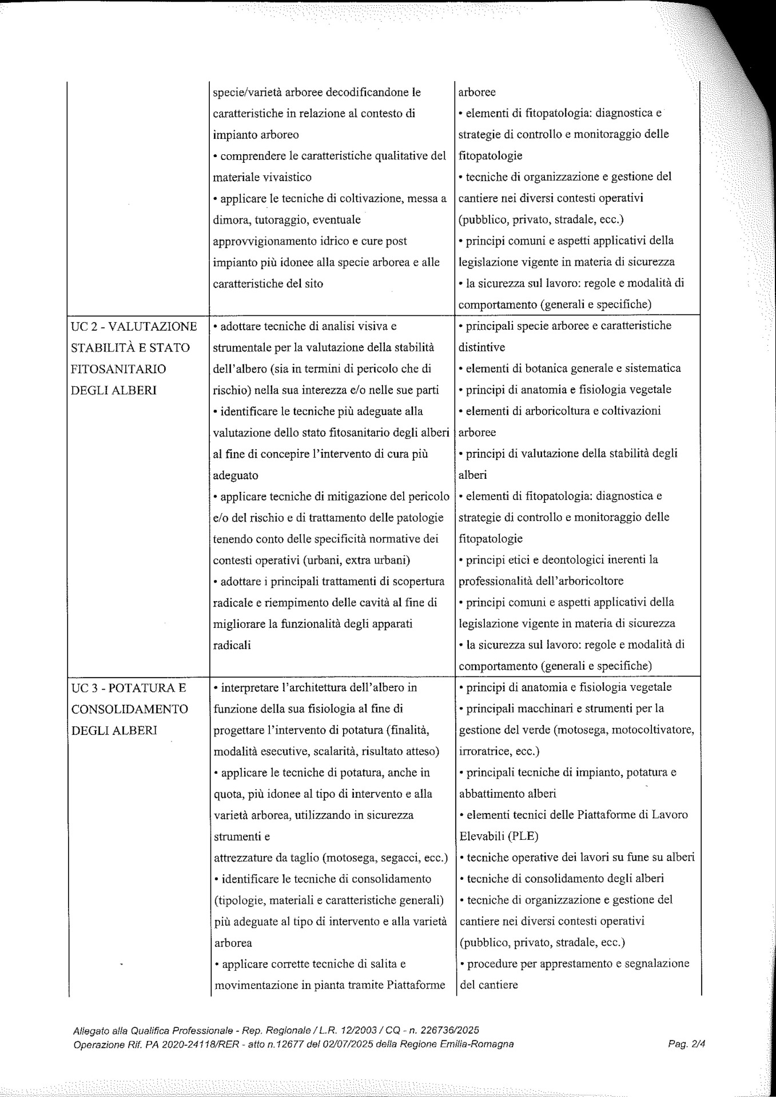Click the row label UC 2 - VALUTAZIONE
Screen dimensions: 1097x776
[x=132, y=327]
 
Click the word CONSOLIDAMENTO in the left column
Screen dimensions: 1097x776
[x=130, y=709]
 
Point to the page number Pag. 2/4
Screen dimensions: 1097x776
[x=687, y=1044]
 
